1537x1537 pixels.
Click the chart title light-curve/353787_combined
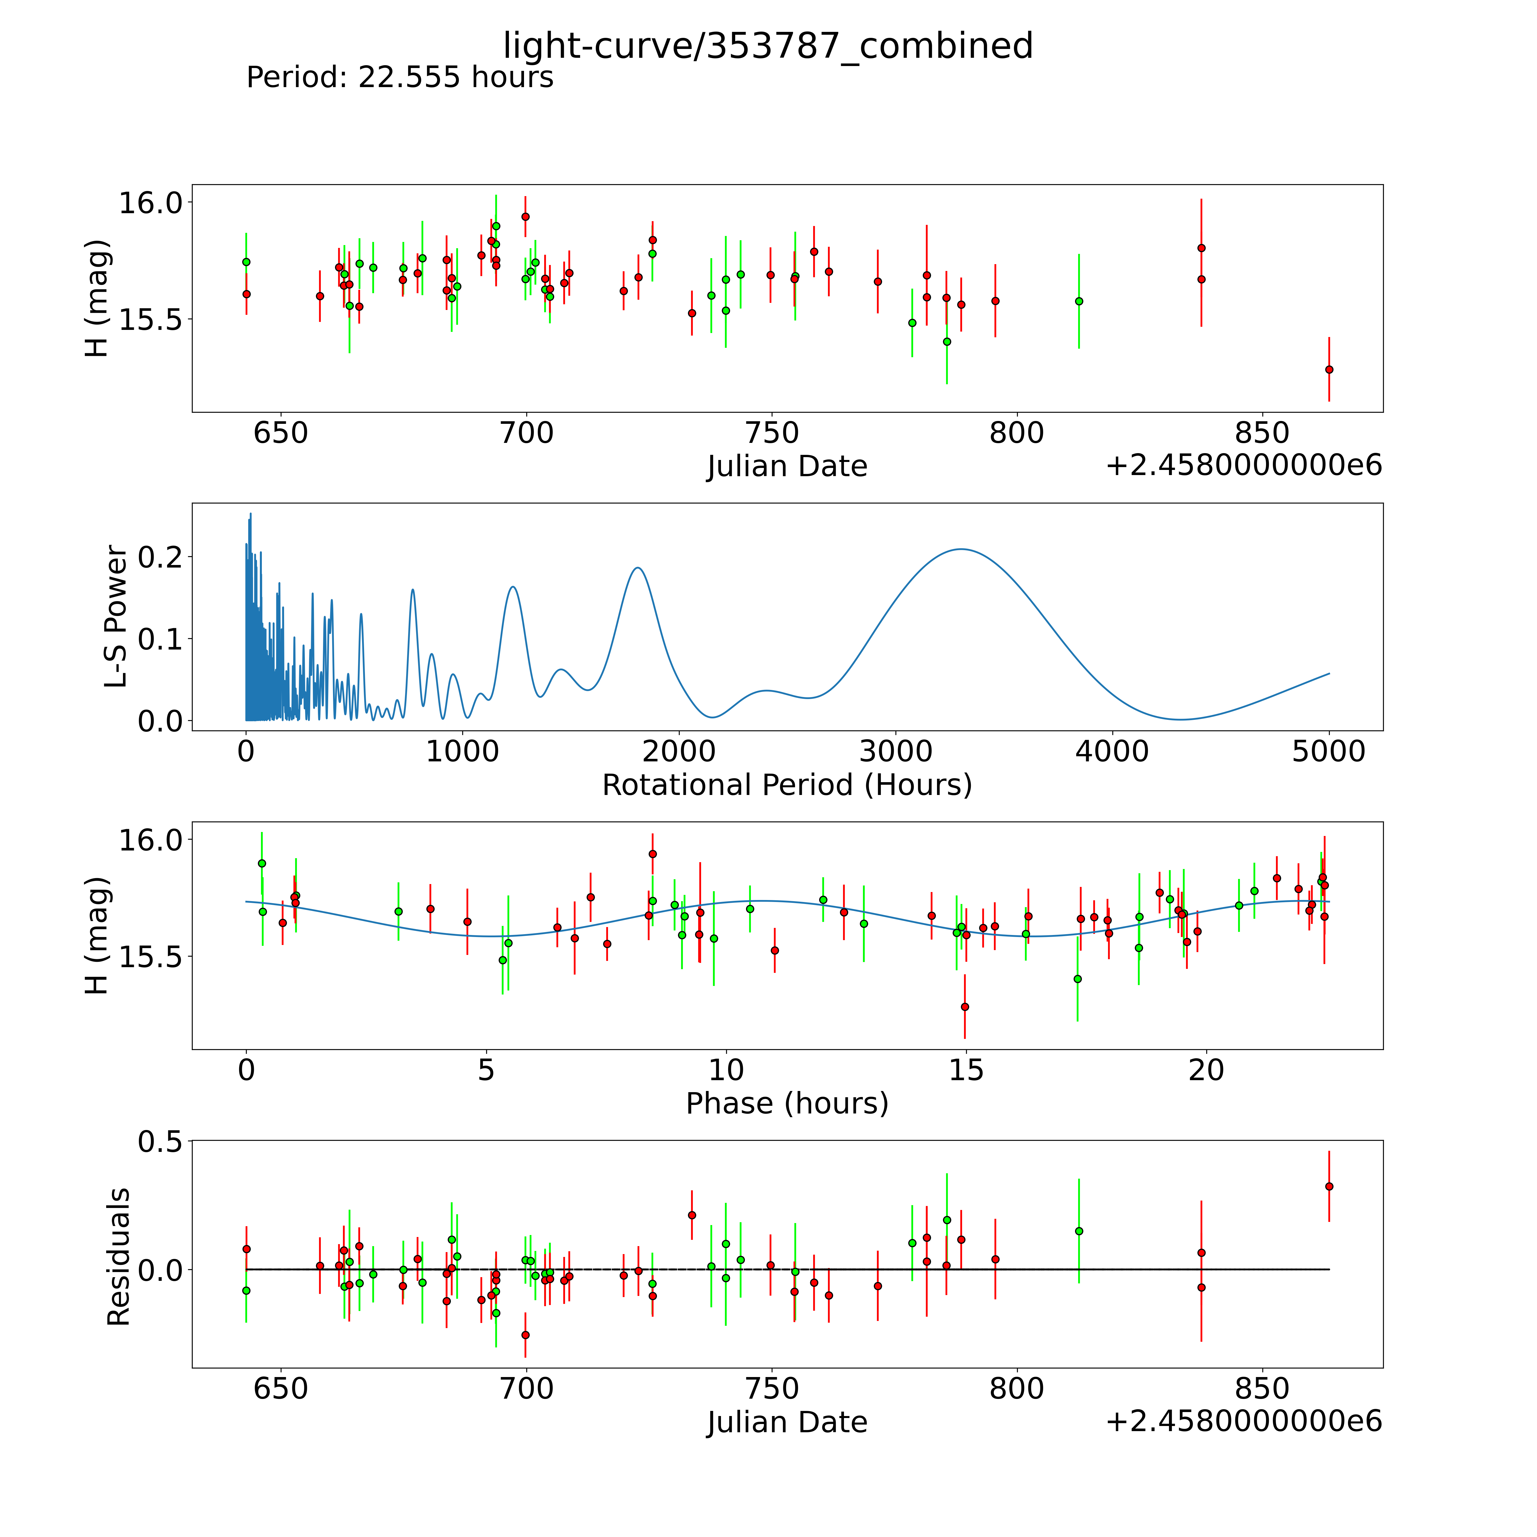click(768, 46)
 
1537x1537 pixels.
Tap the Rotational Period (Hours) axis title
click(787, 785)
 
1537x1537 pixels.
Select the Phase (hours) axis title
click(787, 1104)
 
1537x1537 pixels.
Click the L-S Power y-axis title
click(116, 617)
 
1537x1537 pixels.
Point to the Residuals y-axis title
click(118, 1257)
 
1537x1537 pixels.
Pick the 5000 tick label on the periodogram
click(1329, 751)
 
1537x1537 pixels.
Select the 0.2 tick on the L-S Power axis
click(159, 556)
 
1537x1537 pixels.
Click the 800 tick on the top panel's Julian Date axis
click(1017, 433)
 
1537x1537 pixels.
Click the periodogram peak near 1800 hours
click(637, 567)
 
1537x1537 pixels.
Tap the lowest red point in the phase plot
click(965, 1006)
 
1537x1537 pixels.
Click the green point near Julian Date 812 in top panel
click(1079, 301)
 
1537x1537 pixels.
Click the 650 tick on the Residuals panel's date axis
click(280, 1388)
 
